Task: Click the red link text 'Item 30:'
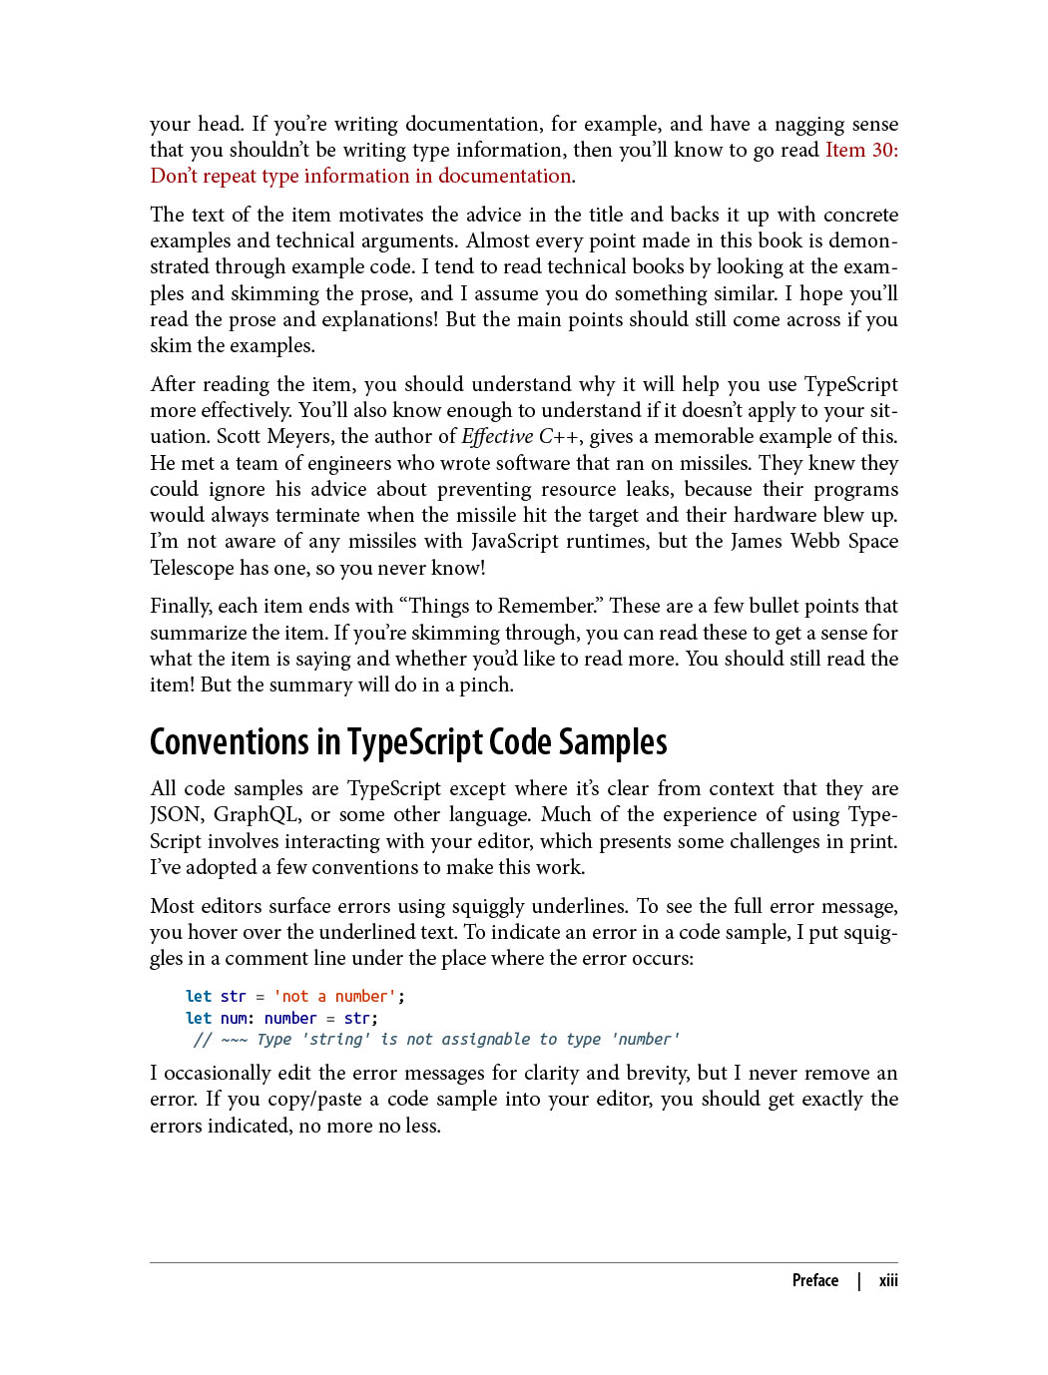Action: click(861, 150)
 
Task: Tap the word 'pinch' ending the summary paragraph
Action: click(484, 685)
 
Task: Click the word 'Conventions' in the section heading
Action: click(230, 742)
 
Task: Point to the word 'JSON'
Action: click(175, 814)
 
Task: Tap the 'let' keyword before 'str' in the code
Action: click(199, 996)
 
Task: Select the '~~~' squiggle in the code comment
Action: click(234, 1039)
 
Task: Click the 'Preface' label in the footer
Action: click(814, 1280)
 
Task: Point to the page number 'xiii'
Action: click(888, 1280)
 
